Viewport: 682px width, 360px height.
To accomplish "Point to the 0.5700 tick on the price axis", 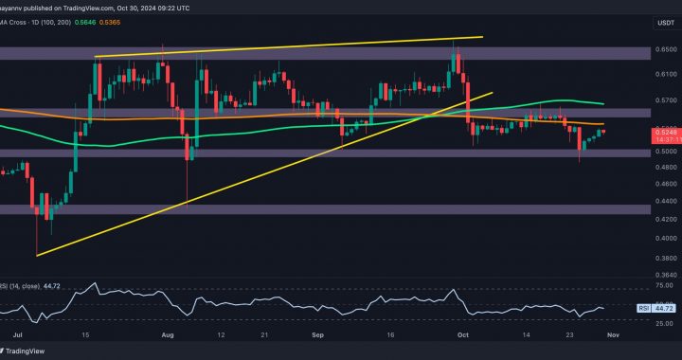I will (x=666, y=99).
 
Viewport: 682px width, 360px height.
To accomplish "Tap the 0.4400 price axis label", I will (x=666, y=201).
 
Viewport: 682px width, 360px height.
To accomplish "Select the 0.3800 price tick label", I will (x=666, y=257).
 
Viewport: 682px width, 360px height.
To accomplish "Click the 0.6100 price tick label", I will (x=666, y=73).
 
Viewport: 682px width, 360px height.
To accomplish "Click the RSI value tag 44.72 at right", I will (x=664, y=309).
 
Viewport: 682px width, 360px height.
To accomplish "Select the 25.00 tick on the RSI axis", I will (x=666, y=322).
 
